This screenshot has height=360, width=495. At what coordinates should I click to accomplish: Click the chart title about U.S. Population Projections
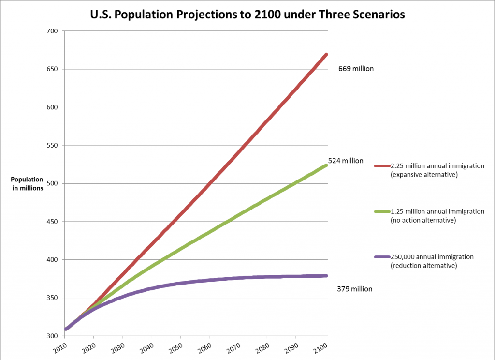click(x=247, y=15)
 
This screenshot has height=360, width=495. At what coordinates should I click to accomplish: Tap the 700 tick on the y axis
click(x=51, y=31)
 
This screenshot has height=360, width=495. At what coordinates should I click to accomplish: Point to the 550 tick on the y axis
click(x=51, y=146)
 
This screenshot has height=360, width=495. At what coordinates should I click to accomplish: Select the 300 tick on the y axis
click(x=51, y=336)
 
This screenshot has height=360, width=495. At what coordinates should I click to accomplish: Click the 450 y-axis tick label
click(x=51, y=222)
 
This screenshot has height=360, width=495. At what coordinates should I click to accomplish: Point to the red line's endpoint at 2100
click(x=326, y=54)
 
